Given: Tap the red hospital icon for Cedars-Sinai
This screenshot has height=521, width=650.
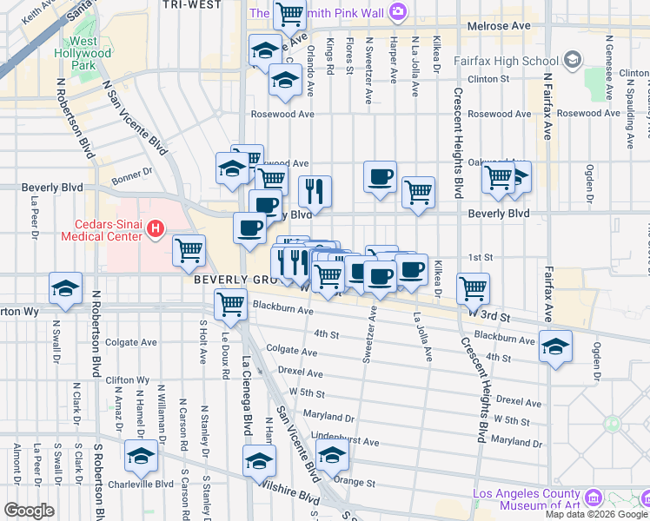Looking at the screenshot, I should click(155, 230).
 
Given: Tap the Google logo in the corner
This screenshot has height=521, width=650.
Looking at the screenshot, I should click(29, 511).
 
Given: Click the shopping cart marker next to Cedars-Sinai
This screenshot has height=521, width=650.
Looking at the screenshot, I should click(189, 251).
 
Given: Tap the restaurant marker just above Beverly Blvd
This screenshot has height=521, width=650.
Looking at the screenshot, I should click(315, 192).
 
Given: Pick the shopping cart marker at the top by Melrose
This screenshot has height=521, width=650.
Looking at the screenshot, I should click(289, 15).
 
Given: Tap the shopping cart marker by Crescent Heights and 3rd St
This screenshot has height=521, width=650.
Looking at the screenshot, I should click(473, 289).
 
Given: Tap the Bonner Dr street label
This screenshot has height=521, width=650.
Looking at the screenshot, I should click(132, 173).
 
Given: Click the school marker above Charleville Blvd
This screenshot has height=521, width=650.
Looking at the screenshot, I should click(141, 456).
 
